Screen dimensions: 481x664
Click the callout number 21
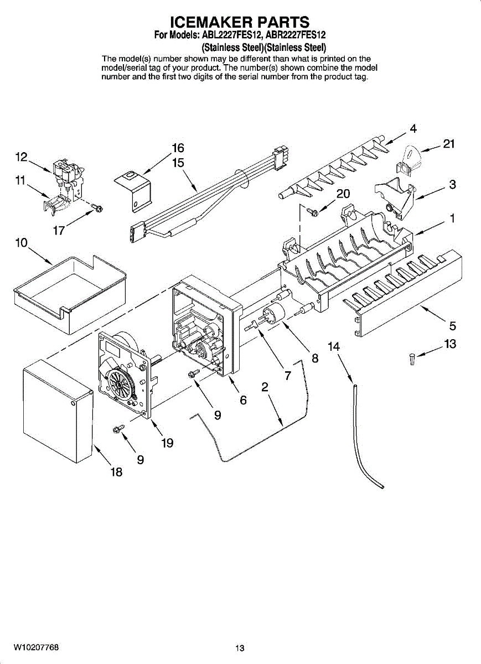449,144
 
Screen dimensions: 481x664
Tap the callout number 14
334,346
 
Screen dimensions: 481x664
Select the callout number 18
117,472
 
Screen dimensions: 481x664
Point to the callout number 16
178,148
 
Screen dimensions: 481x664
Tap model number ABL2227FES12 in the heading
232,35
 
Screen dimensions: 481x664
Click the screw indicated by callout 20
313,211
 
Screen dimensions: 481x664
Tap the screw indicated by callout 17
97,207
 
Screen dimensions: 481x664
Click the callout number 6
243,400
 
